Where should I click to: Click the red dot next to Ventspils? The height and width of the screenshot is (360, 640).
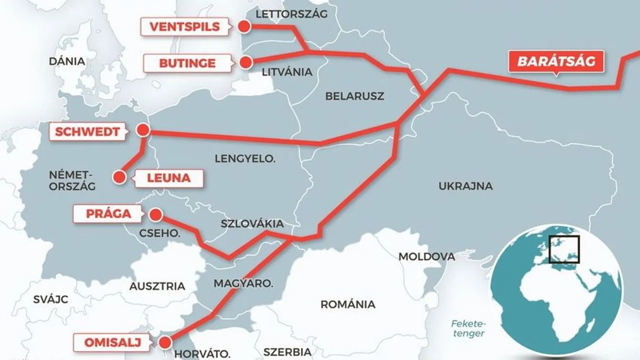pos(244,27)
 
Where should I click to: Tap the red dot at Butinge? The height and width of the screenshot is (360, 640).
pos(246,62)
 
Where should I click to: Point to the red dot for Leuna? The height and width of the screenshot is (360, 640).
pos(119,178)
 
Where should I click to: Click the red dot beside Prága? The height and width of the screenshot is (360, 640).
pos(155,215)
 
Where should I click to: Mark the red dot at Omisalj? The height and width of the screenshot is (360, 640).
pos(165,342)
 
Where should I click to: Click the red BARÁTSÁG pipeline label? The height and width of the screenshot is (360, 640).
pos(556,62)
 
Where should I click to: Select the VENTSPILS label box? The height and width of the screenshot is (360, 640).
pos(185,27)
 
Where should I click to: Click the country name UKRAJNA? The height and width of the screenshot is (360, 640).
pos(465,186)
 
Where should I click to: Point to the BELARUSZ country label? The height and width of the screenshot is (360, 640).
pos(354,96)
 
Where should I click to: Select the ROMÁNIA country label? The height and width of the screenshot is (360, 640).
pos(348,304)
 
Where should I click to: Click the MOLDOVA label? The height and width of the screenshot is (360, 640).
pos(426,256)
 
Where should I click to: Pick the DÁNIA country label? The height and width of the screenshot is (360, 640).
pos(67,61)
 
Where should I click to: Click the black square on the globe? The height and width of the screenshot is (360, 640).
pos(564,249)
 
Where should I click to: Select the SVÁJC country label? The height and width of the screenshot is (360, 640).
pos(51,299)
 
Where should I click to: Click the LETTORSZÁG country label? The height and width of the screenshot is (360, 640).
pos(292,14)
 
